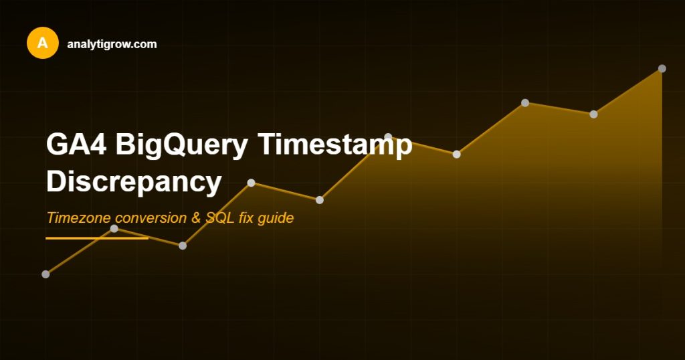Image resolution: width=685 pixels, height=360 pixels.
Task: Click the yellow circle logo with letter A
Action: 43,43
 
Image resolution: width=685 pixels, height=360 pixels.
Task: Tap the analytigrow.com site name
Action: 112,44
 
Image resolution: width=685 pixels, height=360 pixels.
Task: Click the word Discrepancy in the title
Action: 134,182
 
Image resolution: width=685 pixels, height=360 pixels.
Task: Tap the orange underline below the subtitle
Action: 96,238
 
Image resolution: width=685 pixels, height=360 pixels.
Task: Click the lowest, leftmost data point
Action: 45,274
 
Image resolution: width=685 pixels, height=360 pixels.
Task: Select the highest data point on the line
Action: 662,68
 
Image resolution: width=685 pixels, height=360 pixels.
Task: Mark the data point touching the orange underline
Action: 114,229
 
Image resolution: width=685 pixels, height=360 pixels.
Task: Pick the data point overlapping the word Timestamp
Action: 388,137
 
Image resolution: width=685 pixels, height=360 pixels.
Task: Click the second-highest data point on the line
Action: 525,103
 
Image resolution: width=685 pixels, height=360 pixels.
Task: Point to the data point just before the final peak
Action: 593,114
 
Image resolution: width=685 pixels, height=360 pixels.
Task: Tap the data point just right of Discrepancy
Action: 252,183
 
